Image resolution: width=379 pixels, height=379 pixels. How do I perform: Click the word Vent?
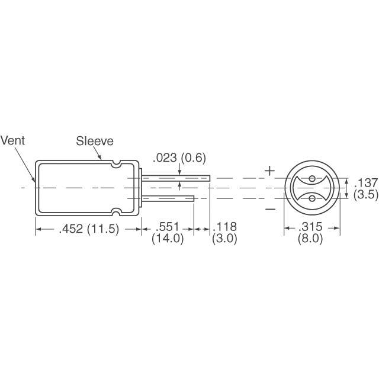pyautogui.click(x=12, y=141)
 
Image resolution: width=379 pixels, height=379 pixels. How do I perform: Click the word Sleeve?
pyautogui.click(x=95, y=141)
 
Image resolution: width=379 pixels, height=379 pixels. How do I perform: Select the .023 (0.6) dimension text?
pyautogui.click(x=179, y=158)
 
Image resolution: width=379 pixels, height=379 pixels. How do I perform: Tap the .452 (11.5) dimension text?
pyautogui.click(x=89, y=229)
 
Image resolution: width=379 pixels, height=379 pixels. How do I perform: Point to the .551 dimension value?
pyautogui.click(x=168, y=227)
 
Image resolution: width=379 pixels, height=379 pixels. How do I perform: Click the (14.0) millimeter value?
pyautogui.click(x=168, y=239)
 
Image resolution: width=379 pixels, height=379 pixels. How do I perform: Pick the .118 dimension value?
pyautogui.click(x=224, y=227)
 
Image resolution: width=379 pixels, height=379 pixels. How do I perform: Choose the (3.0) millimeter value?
pyautogui.click(x=224, y=239)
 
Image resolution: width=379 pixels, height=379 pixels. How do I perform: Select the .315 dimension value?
pyautogui.click(x=310, y=227)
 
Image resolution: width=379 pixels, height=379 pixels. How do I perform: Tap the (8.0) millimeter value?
pyautogui.click(x=310, y=239)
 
